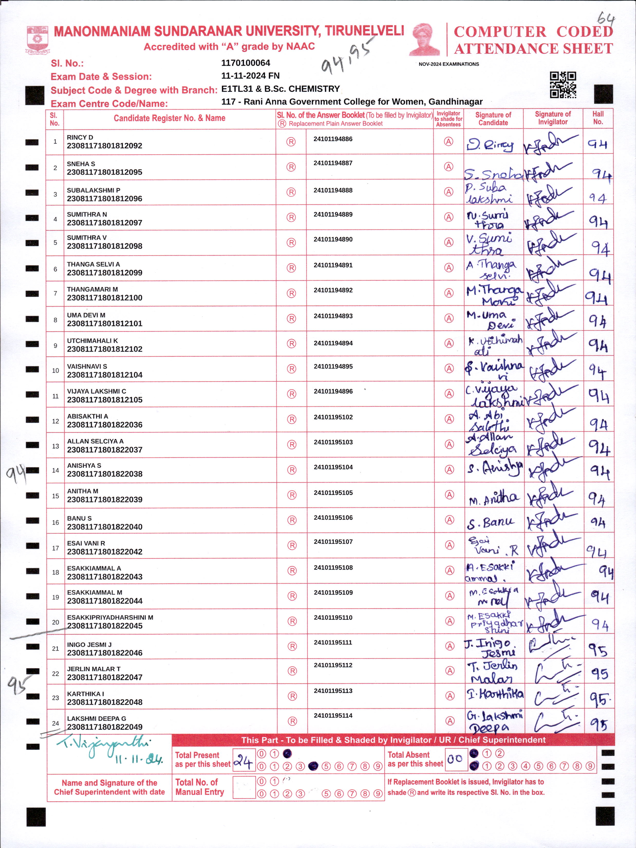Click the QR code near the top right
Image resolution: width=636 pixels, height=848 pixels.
tap(563, 85)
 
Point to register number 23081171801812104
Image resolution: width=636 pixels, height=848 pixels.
tap(105, 374)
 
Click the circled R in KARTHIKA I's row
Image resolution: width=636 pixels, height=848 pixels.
tap(292, 696)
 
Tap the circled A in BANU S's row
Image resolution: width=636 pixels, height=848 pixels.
tap(449, 520)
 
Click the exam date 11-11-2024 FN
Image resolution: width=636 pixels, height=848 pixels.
tap(250, 76)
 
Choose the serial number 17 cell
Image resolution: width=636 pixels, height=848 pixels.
tap(55, 548)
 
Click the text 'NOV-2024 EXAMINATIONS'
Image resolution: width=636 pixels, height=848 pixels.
tap(448, 64)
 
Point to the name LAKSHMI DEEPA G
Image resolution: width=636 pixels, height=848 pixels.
tap(96, 718)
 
